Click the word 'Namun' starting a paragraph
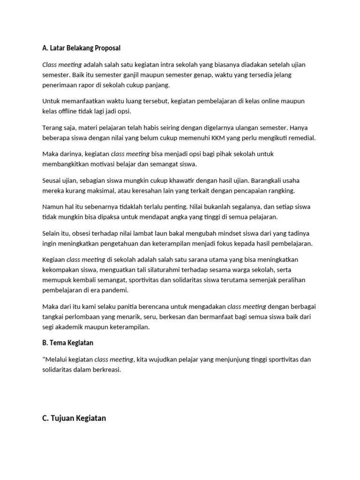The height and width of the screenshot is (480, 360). click(53, 207)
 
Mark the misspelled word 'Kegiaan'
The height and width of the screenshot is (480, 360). click(53, 259)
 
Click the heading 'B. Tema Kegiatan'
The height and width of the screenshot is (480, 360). click(67, 343)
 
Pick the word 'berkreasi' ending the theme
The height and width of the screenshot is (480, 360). click(107, 369)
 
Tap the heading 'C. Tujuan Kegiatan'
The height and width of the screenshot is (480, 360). click(74, 418)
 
